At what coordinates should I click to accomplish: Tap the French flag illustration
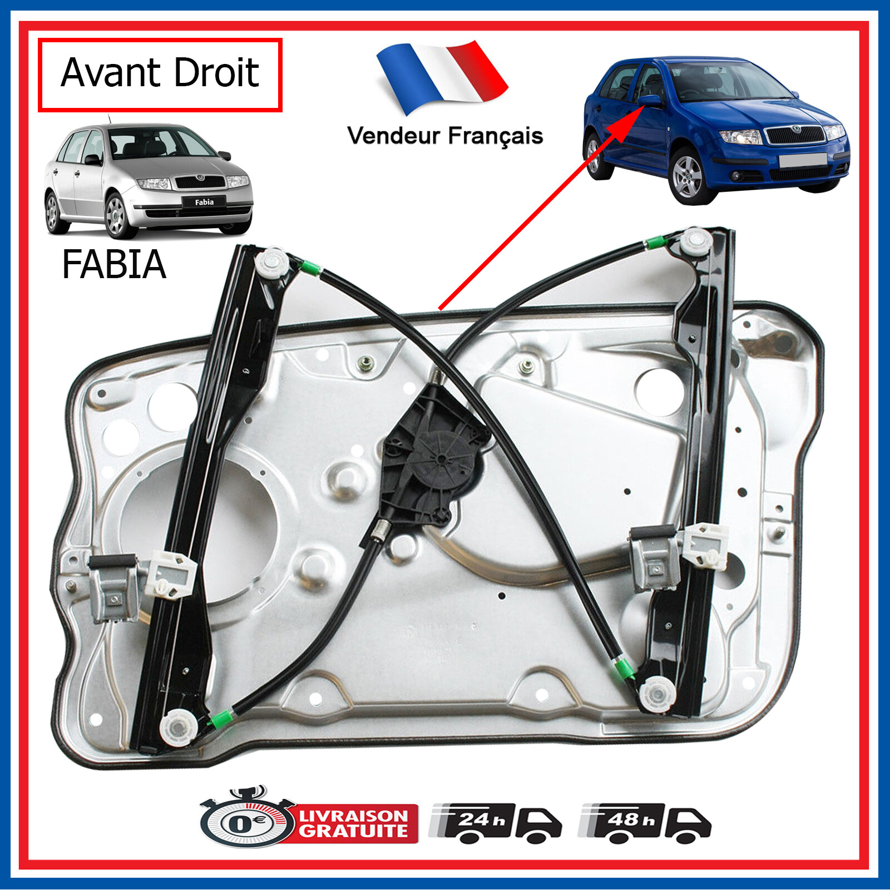[442, 75]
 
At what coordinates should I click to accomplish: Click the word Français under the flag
[496, 136]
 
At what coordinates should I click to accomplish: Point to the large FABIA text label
[114, 264]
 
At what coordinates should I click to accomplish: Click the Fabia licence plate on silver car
[204, 202]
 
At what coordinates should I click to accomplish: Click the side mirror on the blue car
[649, 101]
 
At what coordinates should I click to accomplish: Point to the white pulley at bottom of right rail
[657, 694]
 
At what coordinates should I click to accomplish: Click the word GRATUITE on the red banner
[354, 831]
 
